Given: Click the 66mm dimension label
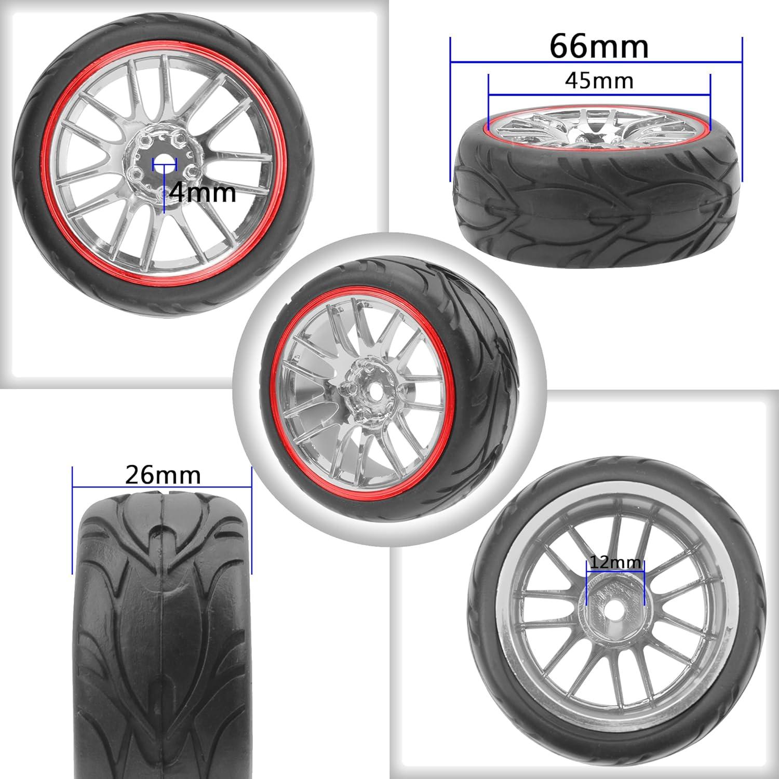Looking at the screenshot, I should point(599,47).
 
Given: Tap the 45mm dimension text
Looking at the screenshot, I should point(599,81).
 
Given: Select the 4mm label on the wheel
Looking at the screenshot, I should point(203,193).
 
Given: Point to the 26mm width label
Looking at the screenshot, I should point(163,475).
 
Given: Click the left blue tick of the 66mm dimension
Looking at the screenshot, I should point(450,109).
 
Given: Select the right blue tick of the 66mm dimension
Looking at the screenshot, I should point(743,109).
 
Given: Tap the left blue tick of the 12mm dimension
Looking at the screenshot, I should point(586,582).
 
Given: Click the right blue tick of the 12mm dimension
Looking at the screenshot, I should point(644,582).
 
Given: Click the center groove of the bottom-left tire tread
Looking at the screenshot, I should point(163,623).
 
